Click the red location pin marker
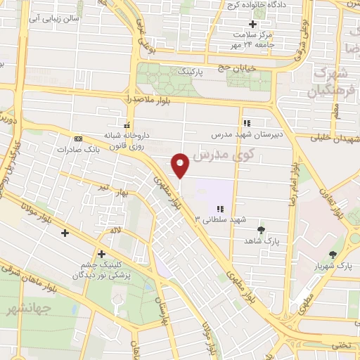coord(181,165)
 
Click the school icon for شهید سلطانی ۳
coord(220,209)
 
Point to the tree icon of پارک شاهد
coord(262,230)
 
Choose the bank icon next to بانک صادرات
coord(77,139)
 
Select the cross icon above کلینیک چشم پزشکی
coord(102,254)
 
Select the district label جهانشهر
coord(26,309)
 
